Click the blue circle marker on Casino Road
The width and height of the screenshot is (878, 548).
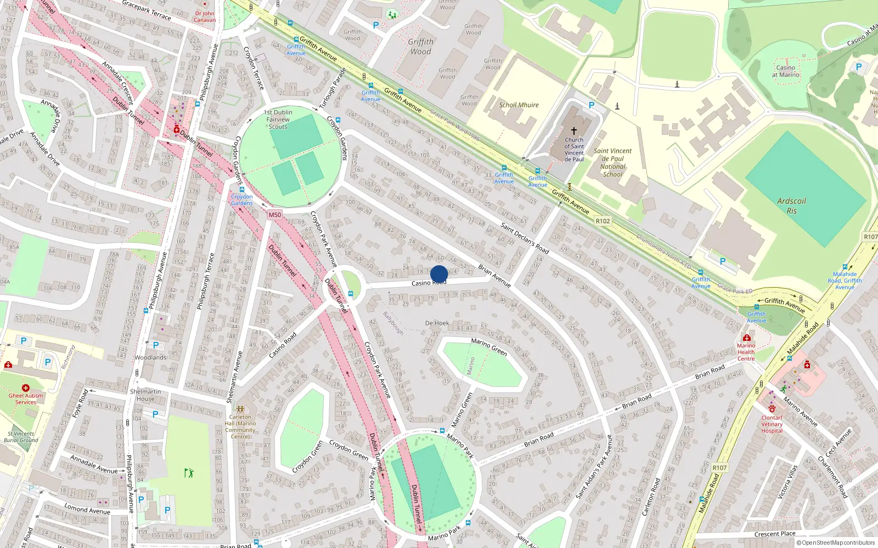click(439, 274)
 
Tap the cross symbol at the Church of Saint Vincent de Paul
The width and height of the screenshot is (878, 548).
click(574, 131)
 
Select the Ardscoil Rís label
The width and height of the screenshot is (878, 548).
click(791, 206)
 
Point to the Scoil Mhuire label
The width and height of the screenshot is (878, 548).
click(519, 105)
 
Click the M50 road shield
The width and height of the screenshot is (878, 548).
click(275, 215)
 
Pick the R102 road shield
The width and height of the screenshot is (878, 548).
click(603, 221)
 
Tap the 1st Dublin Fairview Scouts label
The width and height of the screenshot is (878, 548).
click(278, 119)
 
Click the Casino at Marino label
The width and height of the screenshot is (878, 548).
click(786, 71)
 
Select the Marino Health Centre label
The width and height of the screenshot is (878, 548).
click(746, 352)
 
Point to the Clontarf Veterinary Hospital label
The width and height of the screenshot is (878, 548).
click(772, 424)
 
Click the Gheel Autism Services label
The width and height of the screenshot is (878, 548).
click(25, 398)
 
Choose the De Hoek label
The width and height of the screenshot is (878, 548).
click(437, 323)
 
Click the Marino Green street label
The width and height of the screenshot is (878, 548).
click(489, 346)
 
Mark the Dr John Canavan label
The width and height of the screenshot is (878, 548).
click(205, 17)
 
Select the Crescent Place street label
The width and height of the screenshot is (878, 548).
click(774, 534)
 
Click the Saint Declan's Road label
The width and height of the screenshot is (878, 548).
click(525, 238)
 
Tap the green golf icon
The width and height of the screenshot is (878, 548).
click(189, 472)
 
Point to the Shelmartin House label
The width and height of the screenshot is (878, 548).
click(145, 395)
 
